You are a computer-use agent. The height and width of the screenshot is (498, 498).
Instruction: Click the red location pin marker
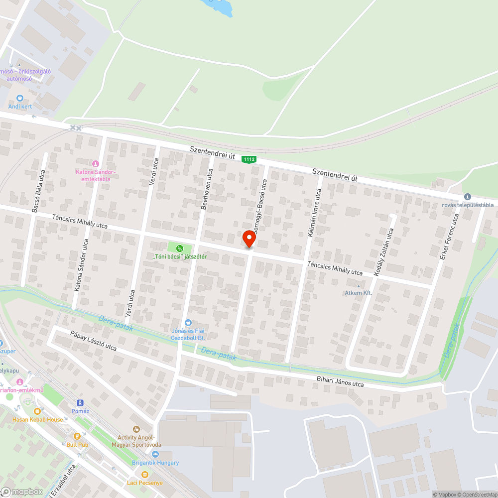[x=249, y=239]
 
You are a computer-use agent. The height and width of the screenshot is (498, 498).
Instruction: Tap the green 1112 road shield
[x=249, y=159]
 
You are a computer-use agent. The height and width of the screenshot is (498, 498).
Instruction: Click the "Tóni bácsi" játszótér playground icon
[x=180, y=248]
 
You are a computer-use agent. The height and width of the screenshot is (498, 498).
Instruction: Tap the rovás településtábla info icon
[x=467, y=197]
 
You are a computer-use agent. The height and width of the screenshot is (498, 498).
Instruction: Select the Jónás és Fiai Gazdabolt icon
[x=188, y=323]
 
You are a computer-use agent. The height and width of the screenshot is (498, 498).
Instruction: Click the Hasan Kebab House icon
[x=37, y=411]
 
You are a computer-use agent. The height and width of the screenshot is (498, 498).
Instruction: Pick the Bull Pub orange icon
[x=77, y=436]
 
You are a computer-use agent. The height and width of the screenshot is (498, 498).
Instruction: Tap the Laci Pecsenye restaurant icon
[x=145, y=475]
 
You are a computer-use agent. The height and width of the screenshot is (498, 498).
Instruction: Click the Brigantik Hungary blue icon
[x=155, y=454]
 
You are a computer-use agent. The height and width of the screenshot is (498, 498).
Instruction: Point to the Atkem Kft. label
[x=359, y=293]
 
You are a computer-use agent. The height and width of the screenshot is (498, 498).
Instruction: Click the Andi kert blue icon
[x=20, y=98]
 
